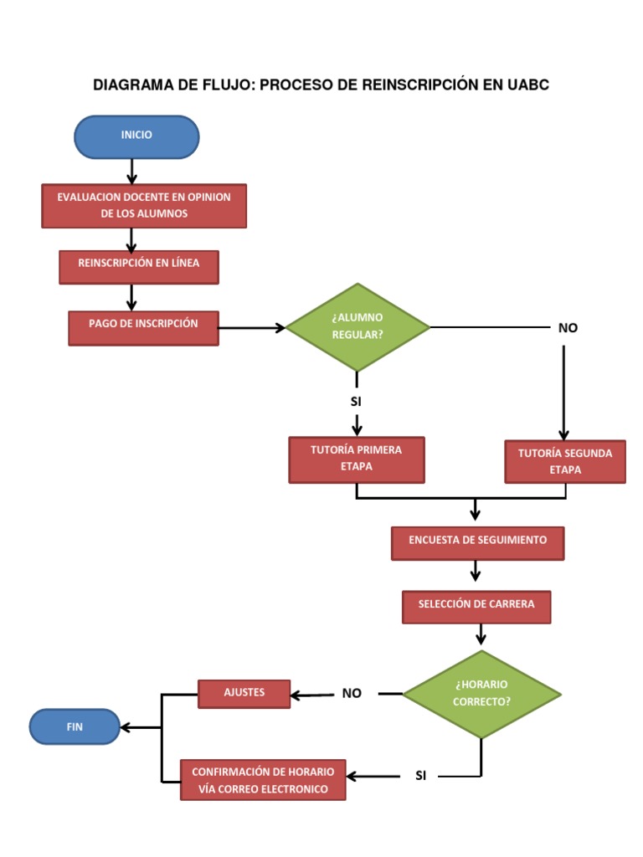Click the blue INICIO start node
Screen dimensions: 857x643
pos(136,136)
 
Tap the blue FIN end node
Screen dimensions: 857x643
pos(75,726)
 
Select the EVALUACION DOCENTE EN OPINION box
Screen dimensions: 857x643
pos(144,205)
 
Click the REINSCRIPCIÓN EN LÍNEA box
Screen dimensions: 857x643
pos(139,266)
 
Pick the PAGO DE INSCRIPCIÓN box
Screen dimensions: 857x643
pos(143,327)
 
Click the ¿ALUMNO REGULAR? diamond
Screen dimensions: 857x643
pos(358,327)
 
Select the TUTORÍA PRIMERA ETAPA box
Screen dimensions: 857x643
pos(356,459)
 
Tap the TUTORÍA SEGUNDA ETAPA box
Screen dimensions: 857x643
pos(564,462)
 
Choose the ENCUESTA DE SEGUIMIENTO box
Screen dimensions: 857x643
pos(477,542)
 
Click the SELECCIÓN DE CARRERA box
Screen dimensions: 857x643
pos(476,606)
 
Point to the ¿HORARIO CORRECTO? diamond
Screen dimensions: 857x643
pos(481,694)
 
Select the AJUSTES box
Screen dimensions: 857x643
pos(244,693)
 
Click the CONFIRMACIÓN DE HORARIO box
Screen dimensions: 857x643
pos(263,780)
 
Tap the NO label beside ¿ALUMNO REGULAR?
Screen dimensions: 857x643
pos(568,328)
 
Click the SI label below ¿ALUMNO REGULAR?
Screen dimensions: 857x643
pos(356,402)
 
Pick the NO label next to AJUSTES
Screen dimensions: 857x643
pos(352,694)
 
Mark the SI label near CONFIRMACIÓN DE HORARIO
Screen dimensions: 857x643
pos(420,777)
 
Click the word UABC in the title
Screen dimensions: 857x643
pos(527,85)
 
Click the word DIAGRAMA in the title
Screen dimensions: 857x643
pos(131,85)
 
